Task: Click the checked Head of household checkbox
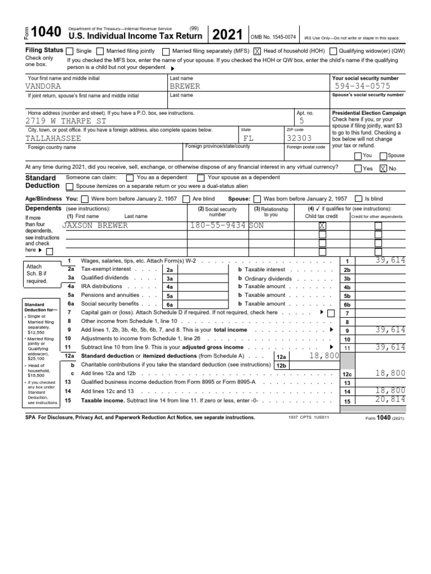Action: tap(258, 51)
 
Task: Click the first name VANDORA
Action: tap(43, 86)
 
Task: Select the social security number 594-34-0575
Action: tap(362, 86)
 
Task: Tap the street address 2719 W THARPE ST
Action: tap(66, 121)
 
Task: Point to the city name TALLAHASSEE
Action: tap(53, 138)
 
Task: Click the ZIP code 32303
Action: tap(299, 138)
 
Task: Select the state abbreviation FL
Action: tap(249, 138)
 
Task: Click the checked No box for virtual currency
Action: tap(383, 168)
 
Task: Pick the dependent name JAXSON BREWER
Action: tap(95, 225)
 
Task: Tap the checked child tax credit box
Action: tap(322, 225)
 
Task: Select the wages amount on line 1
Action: tap(391, 261)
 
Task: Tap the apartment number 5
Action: tap(301, 121)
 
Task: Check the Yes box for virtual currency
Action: tap(358, 168)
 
